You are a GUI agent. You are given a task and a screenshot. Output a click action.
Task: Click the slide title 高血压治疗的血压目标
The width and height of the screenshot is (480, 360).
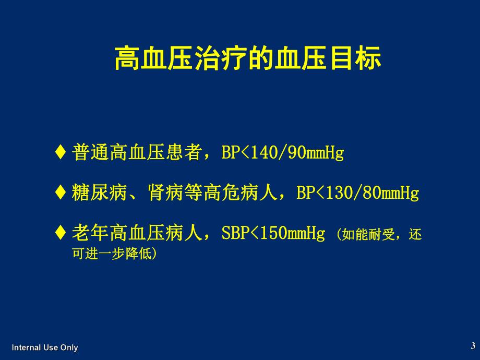(248, 58)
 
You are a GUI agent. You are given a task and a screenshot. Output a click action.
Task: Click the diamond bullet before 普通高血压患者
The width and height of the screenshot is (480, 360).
(61, 153)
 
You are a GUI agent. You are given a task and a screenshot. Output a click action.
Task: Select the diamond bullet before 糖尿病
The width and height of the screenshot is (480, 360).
(61, 193)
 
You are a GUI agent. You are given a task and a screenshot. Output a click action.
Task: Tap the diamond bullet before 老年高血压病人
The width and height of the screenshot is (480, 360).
(61, 233)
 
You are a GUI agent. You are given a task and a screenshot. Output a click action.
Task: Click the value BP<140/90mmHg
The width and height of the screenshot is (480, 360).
(283, 153)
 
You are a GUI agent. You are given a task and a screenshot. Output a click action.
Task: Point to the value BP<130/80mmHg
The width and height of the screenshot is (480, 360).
(357, 193)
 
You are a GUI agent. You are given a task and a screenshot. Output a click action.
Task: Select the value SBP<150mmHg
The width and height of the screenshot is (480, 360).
(273, 233)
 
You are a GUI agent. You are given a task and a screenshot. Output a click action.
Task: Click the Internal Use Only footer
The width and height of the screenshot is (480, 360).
(45, 347)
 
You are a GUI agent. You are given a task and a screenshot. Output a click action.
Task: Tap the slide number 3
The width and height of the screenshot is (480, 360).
(473, 345)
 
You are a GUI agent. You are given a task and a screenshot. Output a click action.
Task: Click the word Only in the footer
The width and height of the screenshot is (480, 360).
(69, 347)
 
